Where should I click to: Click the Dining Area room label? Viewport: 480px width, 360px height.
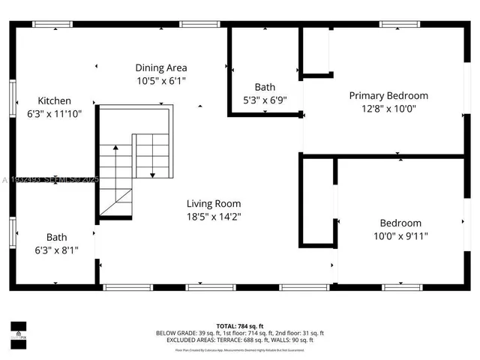coord(161,67)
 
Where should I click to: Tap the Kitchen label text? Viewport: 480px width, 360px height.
coord(55,100)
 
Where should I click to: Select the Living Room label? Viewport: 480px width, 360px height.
coord(214,203)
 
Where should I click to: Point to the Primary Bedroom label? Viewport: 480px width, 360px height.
coord(388,95)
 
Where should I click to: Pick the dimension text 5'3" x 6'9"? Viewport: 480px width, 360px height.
coord(265,100)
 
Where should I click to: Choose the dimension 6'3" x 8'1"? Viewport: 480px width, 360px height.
coord(56,250)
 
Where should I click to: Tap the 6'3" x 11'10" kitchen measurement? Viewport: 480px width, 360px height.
coord(55,113)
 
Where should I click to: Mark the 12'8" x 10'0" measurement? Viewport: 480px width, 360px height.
coord(388,108)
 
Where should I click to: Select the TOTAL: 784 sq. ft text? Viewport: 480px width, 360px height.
coord(240,325)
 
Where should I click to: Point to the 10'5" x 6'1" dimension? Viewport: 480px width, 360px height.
coord(161,80)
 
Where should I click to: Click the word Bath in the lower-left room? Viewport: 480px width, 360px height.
coord(56,237)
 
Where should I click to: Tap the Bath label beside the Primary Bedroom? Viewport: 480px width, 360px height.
coord(265,87)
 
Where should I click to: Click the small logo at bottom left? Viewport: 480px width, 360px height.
coord(18,330)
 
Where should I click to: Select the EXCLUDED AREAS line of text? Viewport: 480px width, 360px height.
coord(240,340)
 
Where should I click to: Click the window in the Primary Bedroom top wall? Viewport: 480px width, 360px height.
coord(399,24)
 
